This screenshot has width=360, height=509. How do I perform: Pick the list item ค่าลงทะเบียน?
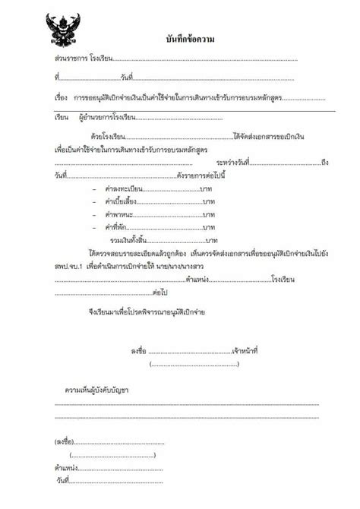[x=121, y=188]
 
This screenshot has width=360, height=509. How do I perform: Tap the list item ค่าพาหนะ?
[x=115, y=215]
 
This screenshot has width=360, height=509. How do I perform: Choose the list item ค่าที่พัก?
[x=113, y=228]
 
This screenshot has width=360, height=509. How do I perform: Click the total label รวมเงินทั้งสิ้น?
[x=130, y=241]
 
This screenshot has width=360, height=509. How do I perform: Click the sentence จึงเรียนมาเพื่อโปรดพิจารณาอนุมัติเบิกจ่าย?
[x=146, y=313]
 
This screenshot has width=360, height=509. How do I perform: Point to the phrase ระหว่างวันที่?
[x=235, y=163]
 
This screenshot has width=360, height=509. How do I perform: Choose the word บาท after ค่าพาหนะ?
[x=207, y=215]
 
